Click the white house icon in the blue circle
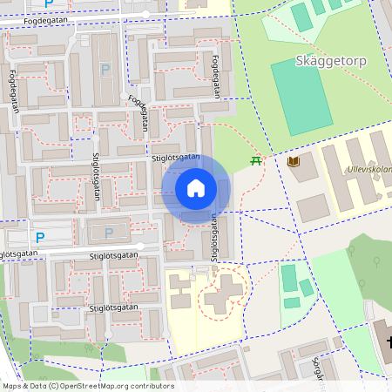click(x=196, y=187)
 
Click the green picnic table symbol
click(x=255, y=161)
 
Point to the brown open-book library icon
click(x=293, y=162)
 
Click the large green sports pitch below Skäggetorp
click(x=301, y=95)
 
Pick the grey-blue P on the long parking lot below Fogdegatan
click(x=105, y=69)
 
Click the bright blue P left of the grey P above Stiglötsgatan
click(x=39, y=236)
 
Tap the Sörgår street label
click(x=321, y=371)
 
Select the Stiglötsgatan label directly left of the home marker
click(x=175, y=159)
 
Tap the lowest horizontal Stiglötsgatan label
click(x=113, y=308)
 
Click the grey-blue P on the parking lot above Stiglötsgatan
click(x=109, y=233)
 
